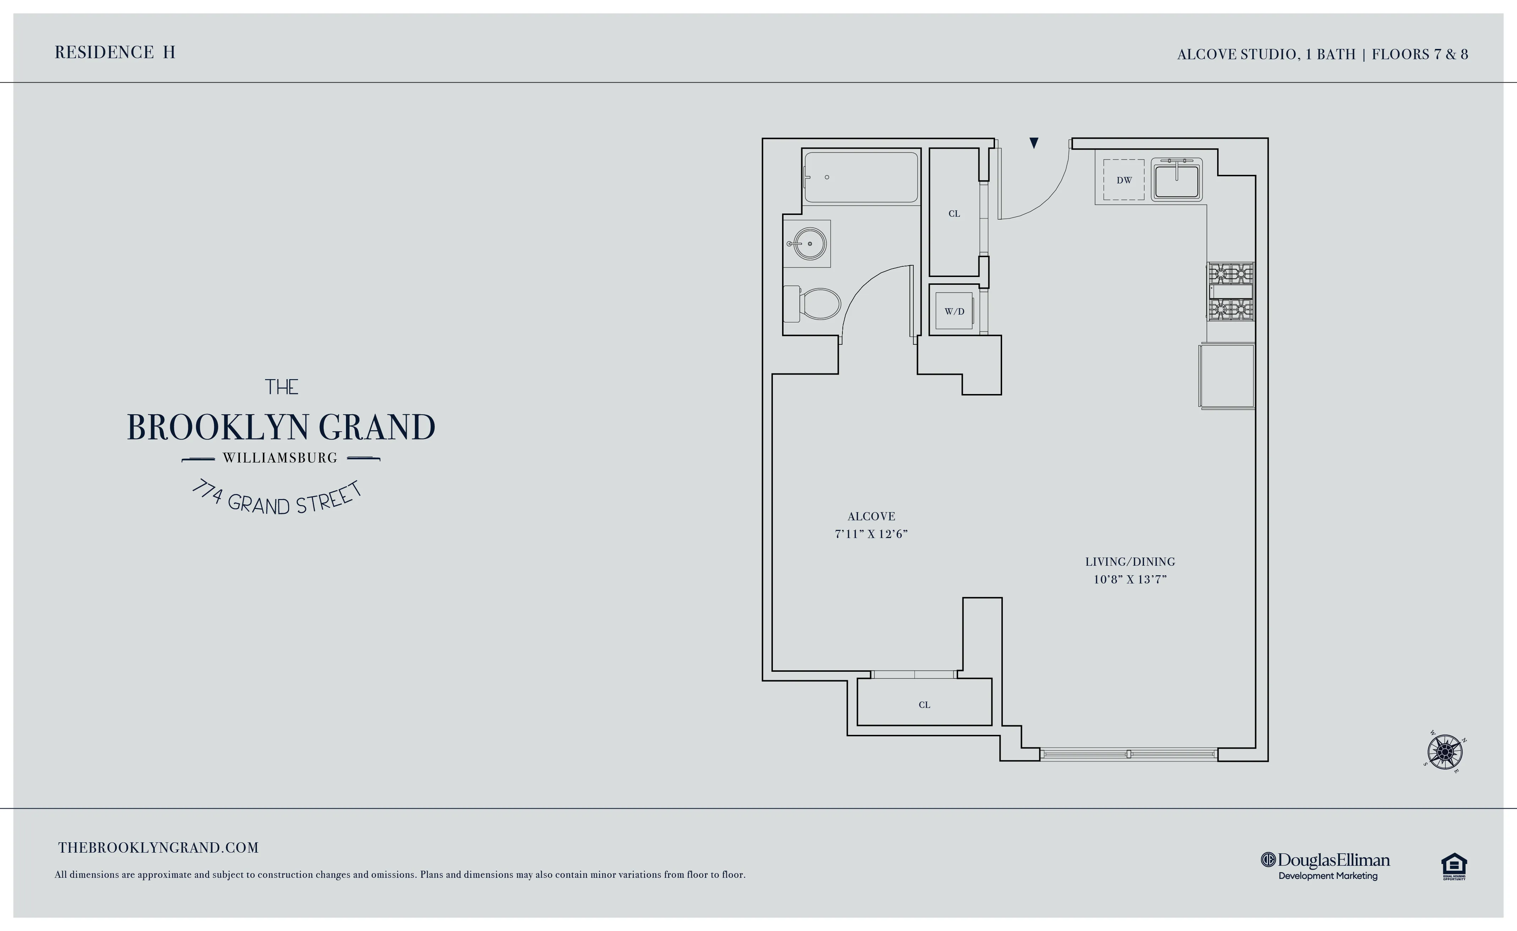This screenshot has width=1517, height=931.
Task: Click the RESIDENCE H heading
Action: (x=115, y=52)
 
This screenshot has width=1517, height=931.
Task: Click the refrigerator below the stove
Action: (x=1227, y=376)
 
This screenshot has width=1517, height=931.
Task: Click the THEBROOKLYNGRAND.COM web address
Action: (x=158, y=848)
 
